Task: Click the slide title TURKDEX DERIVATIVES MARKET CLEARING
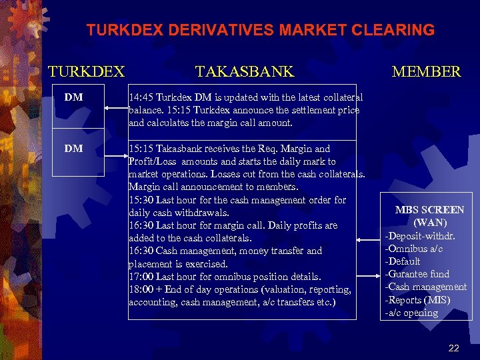(x=260, y=30)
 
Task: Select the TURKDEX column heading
(x=86, y=71)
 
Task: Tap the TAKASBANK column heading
(x=244, y=71)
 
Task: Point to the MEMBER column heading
(x=426, y=71)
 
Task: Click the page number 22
(x=454, y=347)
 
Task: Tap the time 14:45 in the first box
(x=141, y=97)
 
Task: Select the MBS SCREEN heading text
(x=429, y=210)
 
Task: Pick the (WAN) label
(x=430, y=223)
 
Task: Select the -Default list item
(x=403, y=261)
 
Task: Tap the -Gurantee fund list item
(x=418, y=274)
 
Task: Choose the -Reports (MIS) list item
(x=418, y=300)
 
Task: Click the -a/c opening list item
(x=411, y=313)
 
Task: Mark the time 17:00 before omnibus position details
(x=141, y=277)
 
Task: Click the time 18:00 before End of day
(x=141, y=289)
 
